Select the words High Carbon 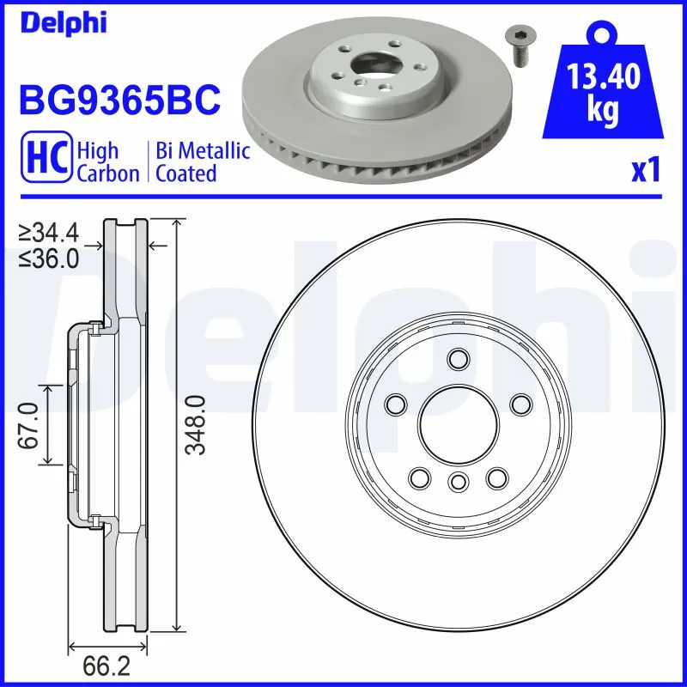(x=107, y=162)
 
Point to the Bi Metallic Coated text (x=203, y=162)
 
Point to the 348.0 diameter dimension (x=198, y=426)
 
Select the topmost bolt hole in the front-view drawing (x=457, y=358)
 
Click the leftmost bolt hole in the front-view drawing (x=395, y=404)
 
